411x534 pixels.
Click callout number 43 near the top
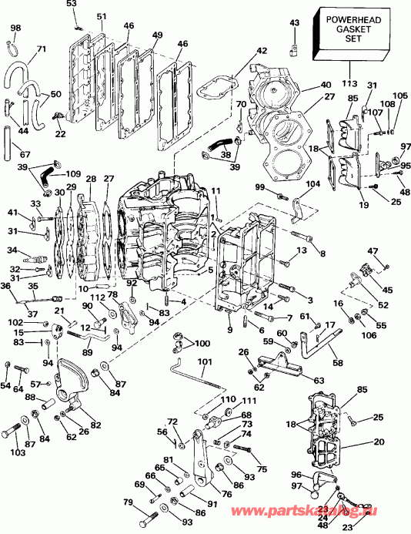coord(293,24)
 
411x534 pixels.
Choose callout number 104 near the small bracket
coord(312,186)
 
